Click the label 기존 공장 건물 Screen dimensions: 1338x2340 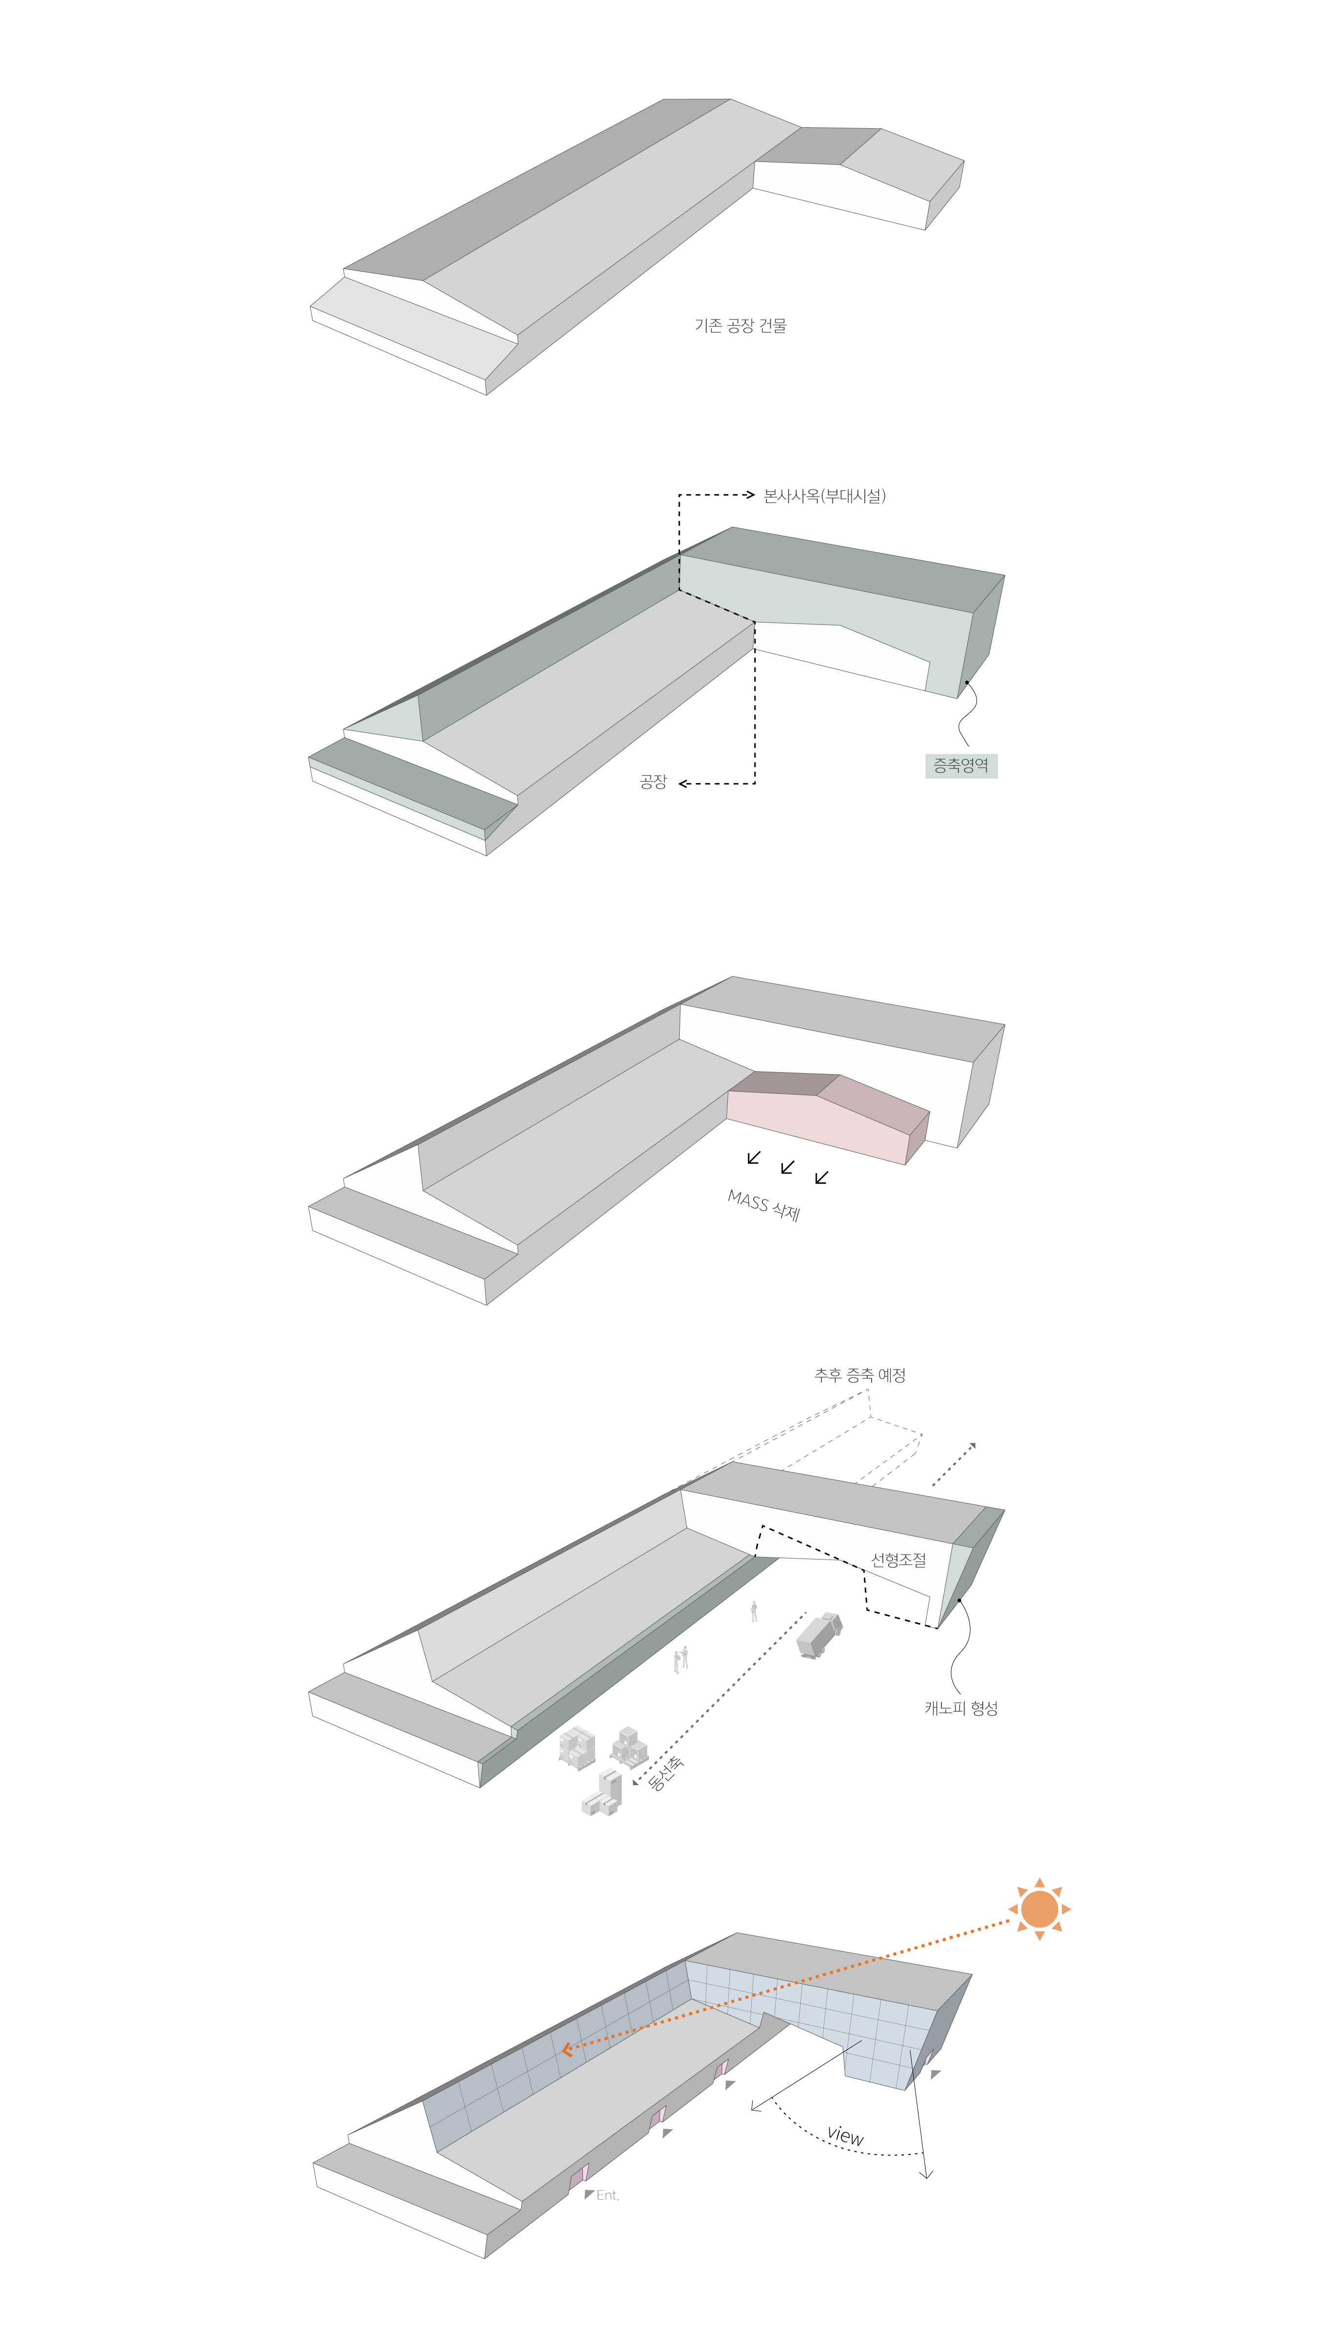(x=740, y=325)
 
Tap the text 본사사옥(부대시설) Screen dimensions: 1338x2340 (x=824, y=496)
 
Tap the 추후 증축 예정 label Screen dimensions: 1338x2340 (x=860, y=1376)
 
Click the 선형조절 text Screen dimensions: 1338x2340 (x=899, y=1559)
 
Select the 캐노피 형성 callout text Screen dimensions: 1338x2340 (x=961, y=1708)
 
